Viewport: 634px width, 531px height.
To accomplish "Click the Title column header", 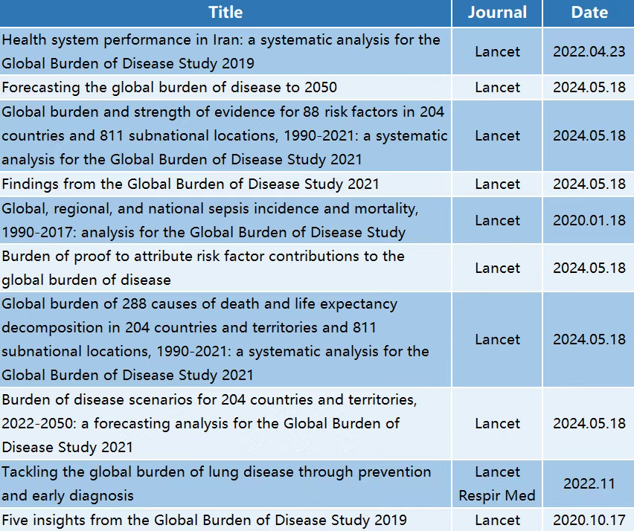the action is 225,13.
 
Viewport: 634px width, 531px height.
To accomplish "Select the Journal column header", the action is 497,13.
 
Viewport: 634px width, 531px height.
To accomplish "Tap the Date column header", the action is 589,13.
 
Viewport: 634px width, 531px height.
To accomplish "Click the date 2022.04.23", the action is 589,51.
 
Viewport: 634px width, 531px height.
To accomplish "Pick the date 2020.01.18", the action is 589,220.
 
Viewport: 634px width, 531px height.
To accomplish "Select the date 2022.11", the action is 589,483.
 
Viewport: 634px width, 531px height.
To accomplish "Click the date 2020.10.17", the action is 589,520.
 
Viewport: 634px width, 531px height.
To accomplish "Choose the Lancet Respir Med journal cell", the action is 497,483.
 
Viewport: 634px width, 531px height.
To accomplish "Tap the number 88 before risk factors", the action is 311,112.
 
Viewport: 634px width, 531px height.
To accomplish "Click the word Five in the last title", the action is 16,520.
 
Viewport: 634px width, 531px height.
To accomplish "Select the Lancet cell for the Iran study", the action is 497,51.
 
